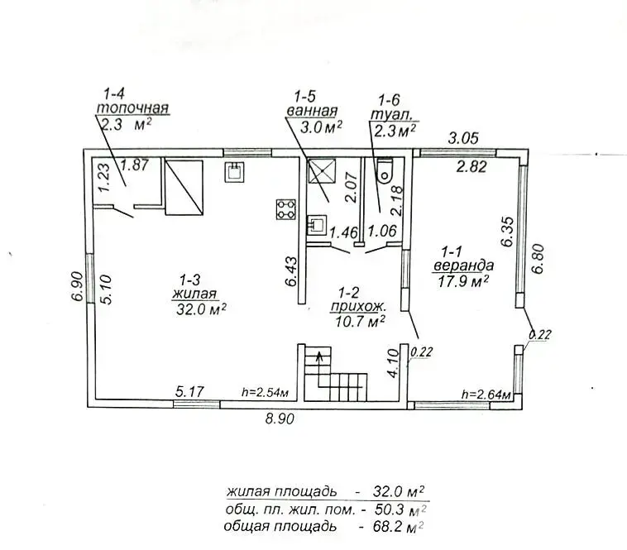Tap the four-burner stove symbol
click(x=286, y=208)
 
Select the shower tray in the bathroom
click(x=319, y=171)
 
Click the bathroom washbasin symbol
click(x=317, y=223)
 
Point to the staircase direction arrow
click(x=315, y=357)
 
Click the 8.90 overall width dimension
click(x=280, y=419)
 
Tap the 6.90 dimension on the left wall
click(x=77, y=285)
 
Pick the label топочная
click(x=133, y=108)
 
